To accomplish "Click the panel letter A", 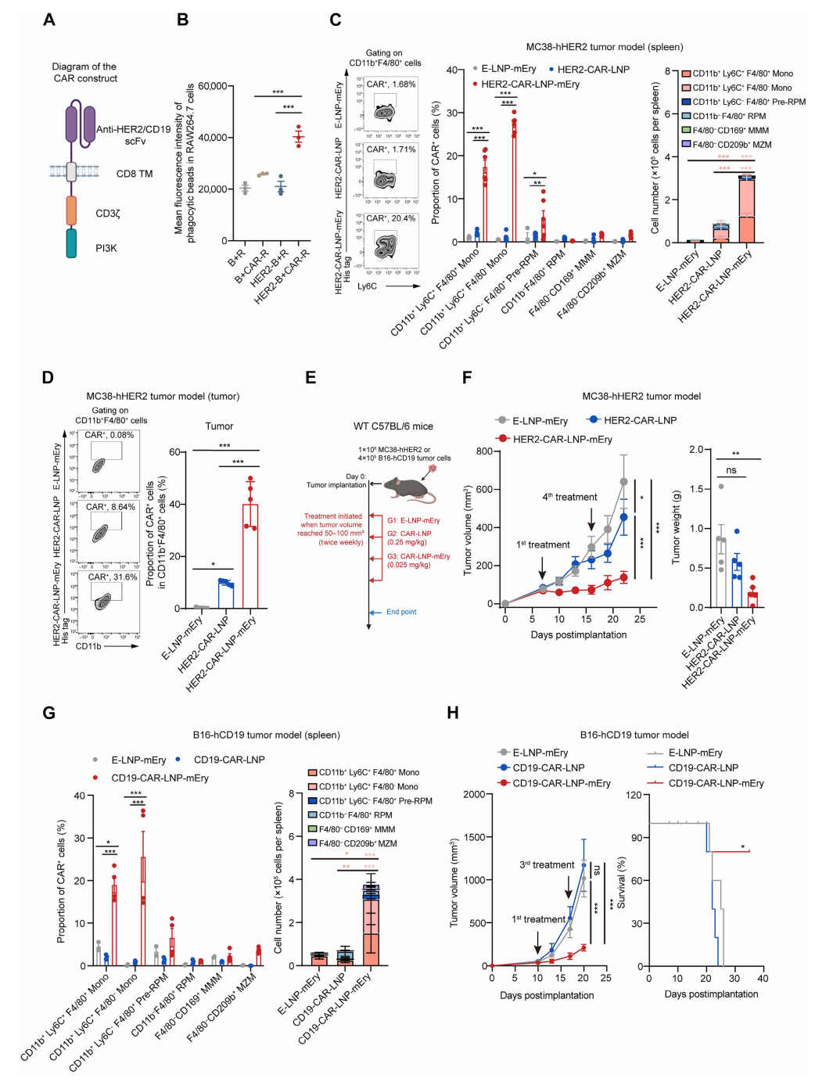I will pyautogui.click(x=49, y=20).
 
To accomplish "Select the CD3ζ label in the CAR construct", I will pyautogui.click(x=107, y=213).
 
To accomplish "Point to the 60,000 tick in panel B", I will pyautogui.click(x=212, y=86).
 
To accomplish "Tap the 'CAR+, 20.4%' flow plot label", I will pyautogui.click(x=391, y=218).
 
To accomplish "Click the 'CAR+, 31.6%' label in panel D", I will pyautogui.click(x=112, y=577).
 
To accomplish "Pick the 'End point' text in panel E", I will pyautogui.click(x=401, y=612).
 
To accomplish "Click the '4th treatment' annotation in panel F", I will pyautogui.click(x=569, y=497).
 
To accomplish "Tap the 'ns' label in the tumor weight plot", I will pyautogui.click(x=731, y=470).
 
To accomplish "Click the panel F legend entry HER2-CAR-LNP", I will pyautogui.click(x=640, y=420).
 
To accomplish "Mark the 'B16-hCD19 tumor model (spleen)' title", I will pyautogui.click(x=266, y=735).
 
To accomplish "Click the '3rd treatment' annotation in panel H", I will pyautogui.click(x=547, y=864).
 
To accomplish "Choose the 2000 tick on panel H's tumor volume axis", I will pyautogui.click(x=474, y=794).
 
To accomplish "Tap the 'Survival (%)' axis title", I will pyautogui.click(x=622, y=882).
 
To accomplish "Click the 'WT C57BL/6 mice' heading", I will pyautogui.click(x=393, y=426).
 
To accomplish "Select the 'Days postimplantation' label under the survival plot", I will pyautogui.click(x=711, y=994).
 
